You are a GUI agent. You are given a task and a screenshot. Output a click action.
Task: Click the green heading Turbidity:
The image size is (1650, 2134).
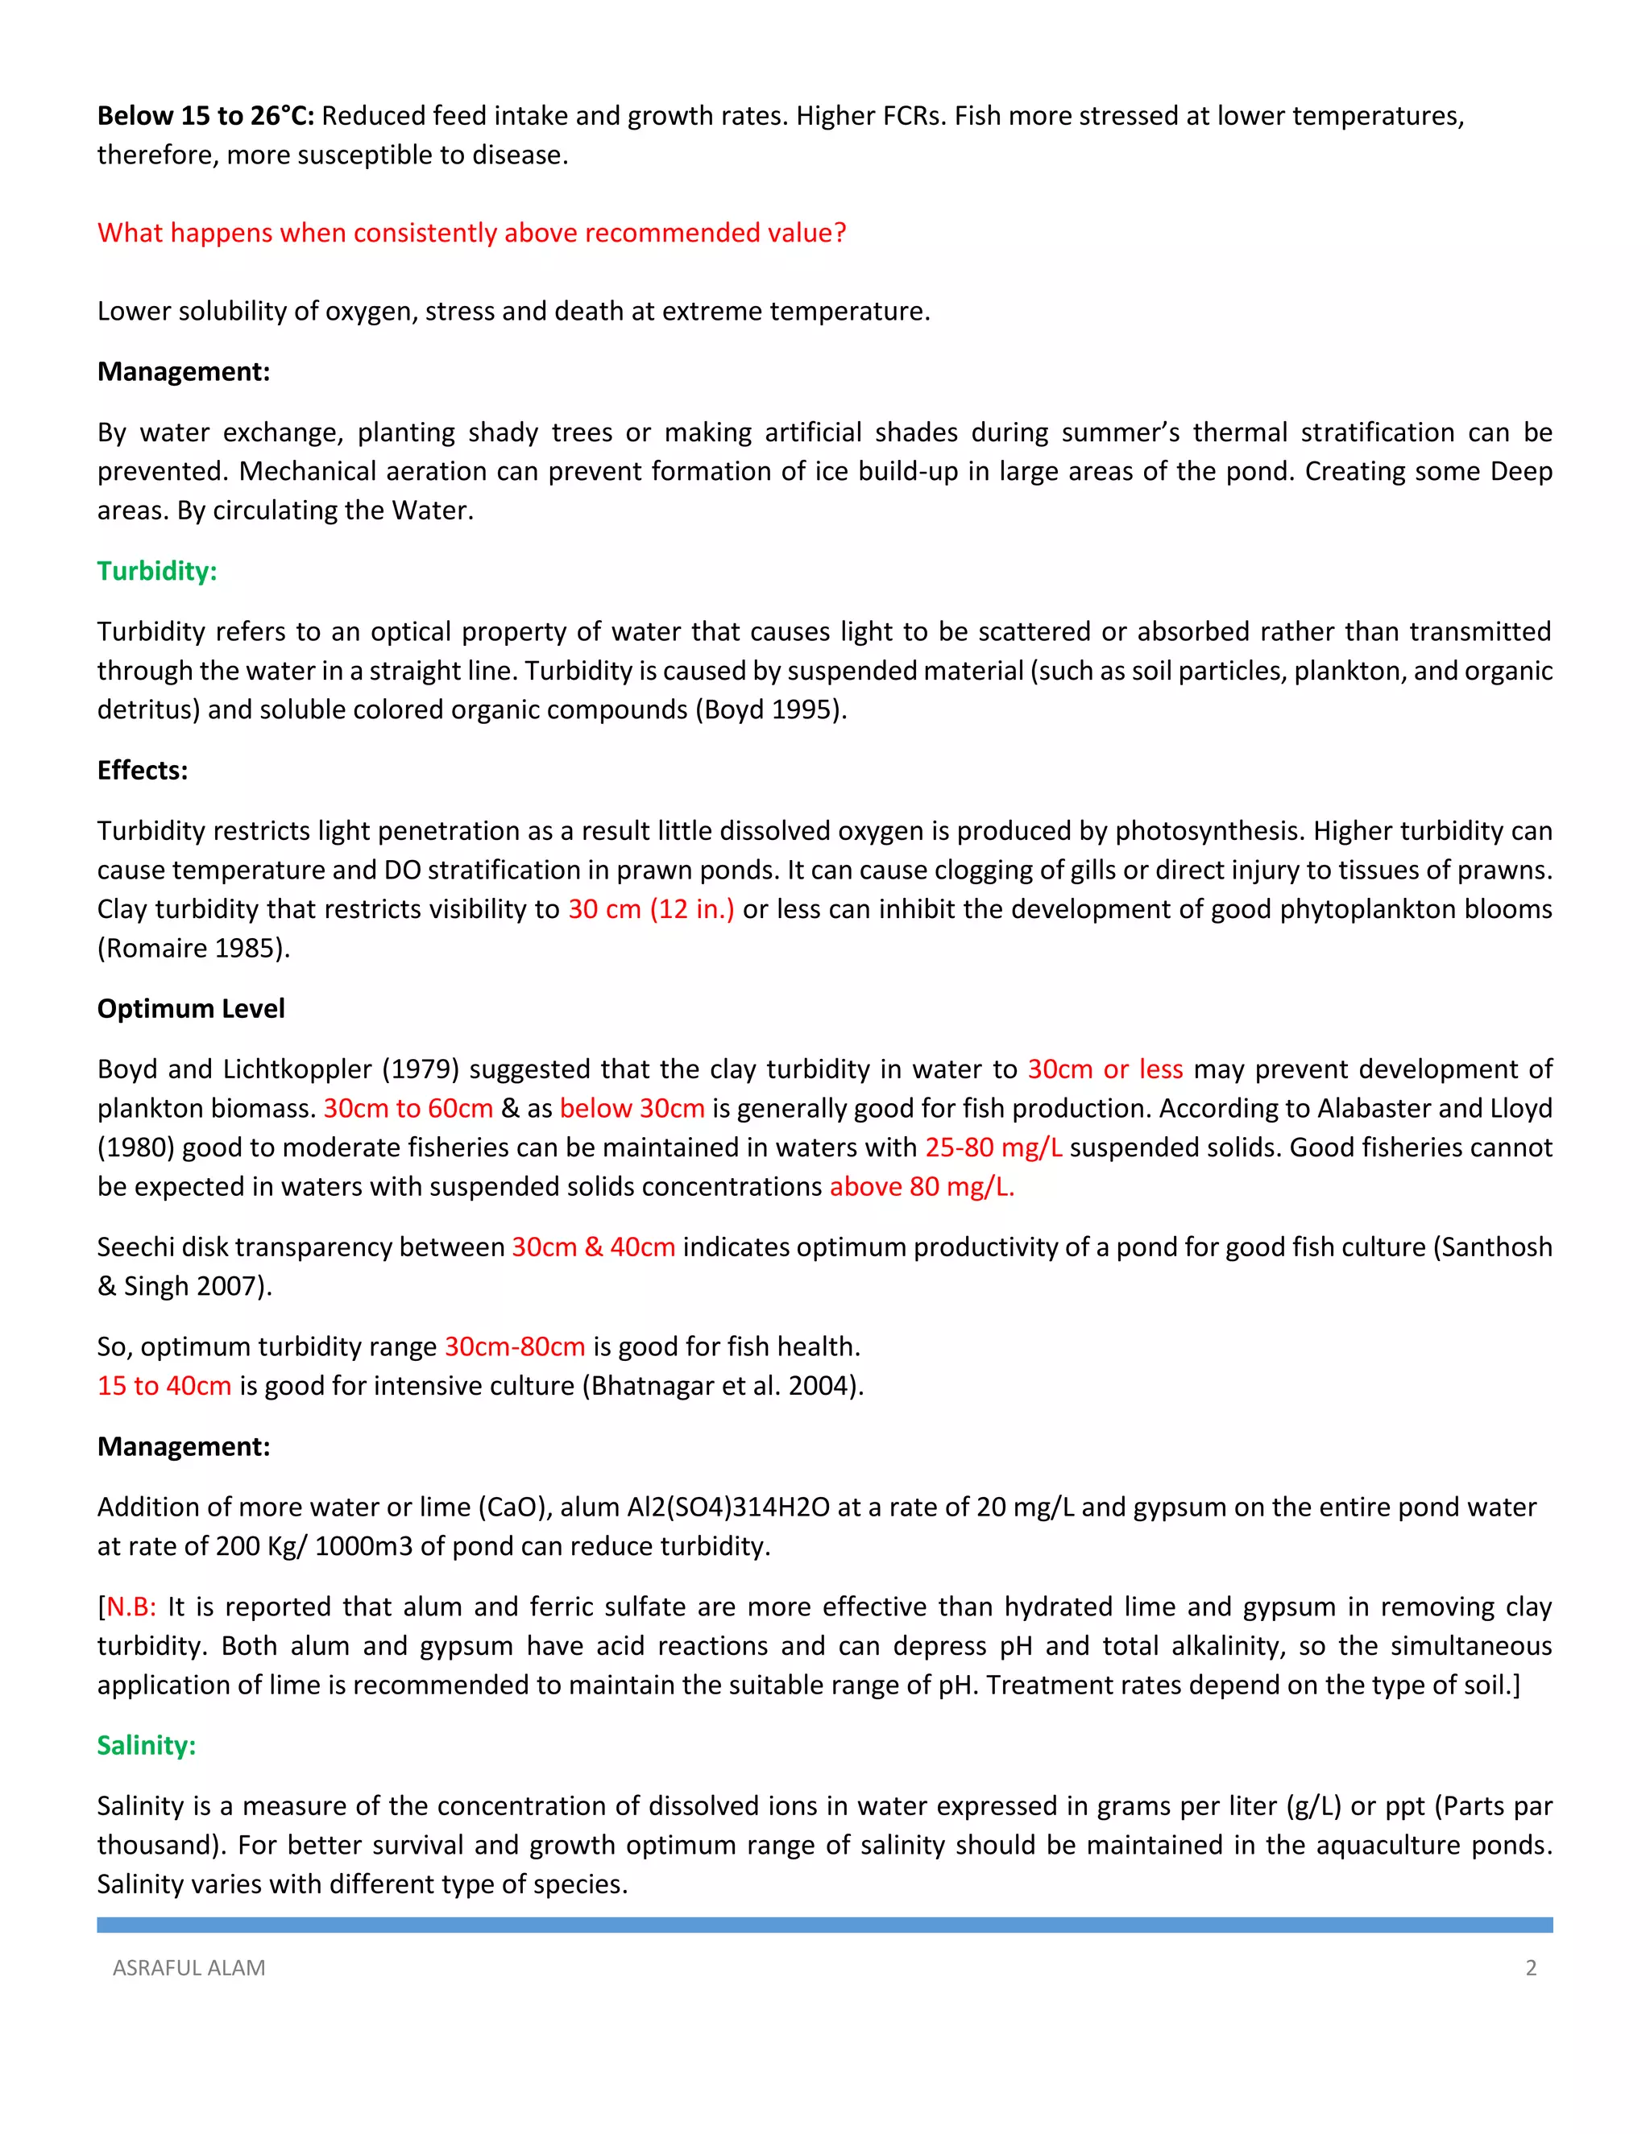(156, 571)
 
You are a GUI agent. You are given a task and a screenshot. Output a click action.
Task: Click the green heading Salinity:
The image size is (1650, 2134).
(146, 1745)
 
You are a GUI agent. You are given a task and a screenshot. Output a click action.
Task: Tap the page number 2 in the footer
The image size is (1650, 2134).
(1531, 1968)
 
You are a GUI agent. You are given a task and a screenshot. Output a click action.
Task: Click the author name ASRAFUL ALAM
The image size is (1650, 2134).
(189, 1968)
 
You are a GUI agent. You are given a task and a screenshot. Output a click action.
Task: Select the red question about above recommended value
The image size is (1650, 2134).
(471, 233)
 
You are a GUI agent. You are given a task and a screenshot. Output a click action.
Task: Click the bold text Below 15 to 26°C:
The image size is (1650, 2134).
(205, 116)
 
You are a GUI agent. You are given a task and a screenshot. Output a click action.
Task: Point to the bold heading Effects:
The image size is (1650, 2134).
(142, 770)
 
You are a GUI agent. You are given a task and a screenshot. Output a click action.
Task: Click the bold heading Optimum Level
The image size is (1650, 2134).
(191, 1008)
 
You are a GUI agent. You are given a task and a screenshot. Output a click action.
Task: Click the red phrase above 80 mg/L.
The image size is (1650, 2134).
(922, 1186)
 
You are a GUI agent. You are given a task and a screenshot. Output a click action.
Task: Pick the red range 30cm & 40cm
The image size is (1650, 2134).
(593, 1247)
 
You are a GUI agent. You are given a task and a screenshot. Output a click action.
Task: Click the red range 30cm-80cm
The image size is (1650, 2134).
(514, 1346)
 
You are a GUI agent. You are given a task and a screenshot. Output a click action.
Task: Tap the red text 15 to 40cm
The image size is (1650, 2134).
(164, 1386)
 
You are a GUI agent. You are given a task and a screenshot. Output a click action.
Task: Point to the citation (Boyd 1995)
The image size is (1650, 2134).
(770, 709)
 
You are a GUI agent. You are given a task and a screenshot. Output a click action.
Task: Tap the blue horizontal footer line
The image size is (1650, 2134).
(824, 1925)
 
